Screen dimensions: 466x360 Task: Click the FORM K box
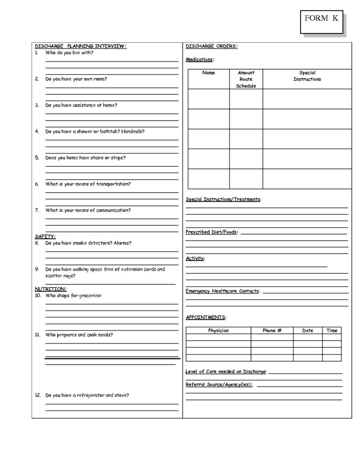(321, 20)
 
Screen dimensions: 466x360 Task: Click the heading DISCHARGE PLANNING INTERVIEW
(81, 46)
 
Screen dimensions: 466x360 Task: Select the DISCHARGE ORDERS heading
(211, 46)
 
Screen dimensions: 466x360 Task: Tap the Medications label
(200, 60)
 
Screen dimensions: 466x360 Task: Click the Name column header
(208, 73)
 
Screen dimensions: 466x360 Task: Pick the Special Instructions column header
(307, 76)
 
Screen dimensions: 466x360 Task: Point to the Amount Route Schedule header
(246, 79)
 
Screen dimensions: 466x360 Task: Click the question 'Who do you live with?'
(69, 53)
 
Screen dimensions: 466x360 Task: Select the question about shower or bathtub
(95, 131)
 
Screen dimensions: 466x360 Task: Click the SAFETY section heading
(45, 236)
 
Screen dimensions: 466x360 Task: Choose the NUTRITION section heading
(50, 289)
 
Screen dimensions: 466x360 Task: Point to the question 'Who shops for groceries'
(73, 296)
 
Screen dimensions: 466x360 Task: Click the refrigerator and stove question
(87, 395)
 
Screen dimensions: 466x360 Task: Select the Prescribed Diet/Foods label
(211, 232)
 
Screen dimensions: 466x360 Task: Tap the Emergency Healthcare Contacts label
(222, 291)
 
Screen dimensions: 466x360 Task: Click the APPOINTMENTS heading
(206, 318)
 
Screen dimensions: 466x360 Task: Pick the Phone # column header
(272, 331)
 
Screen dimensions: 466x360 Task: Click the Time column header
(332, 331)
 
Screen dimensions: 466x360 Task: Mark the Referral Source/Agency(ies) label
(219, 385)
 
